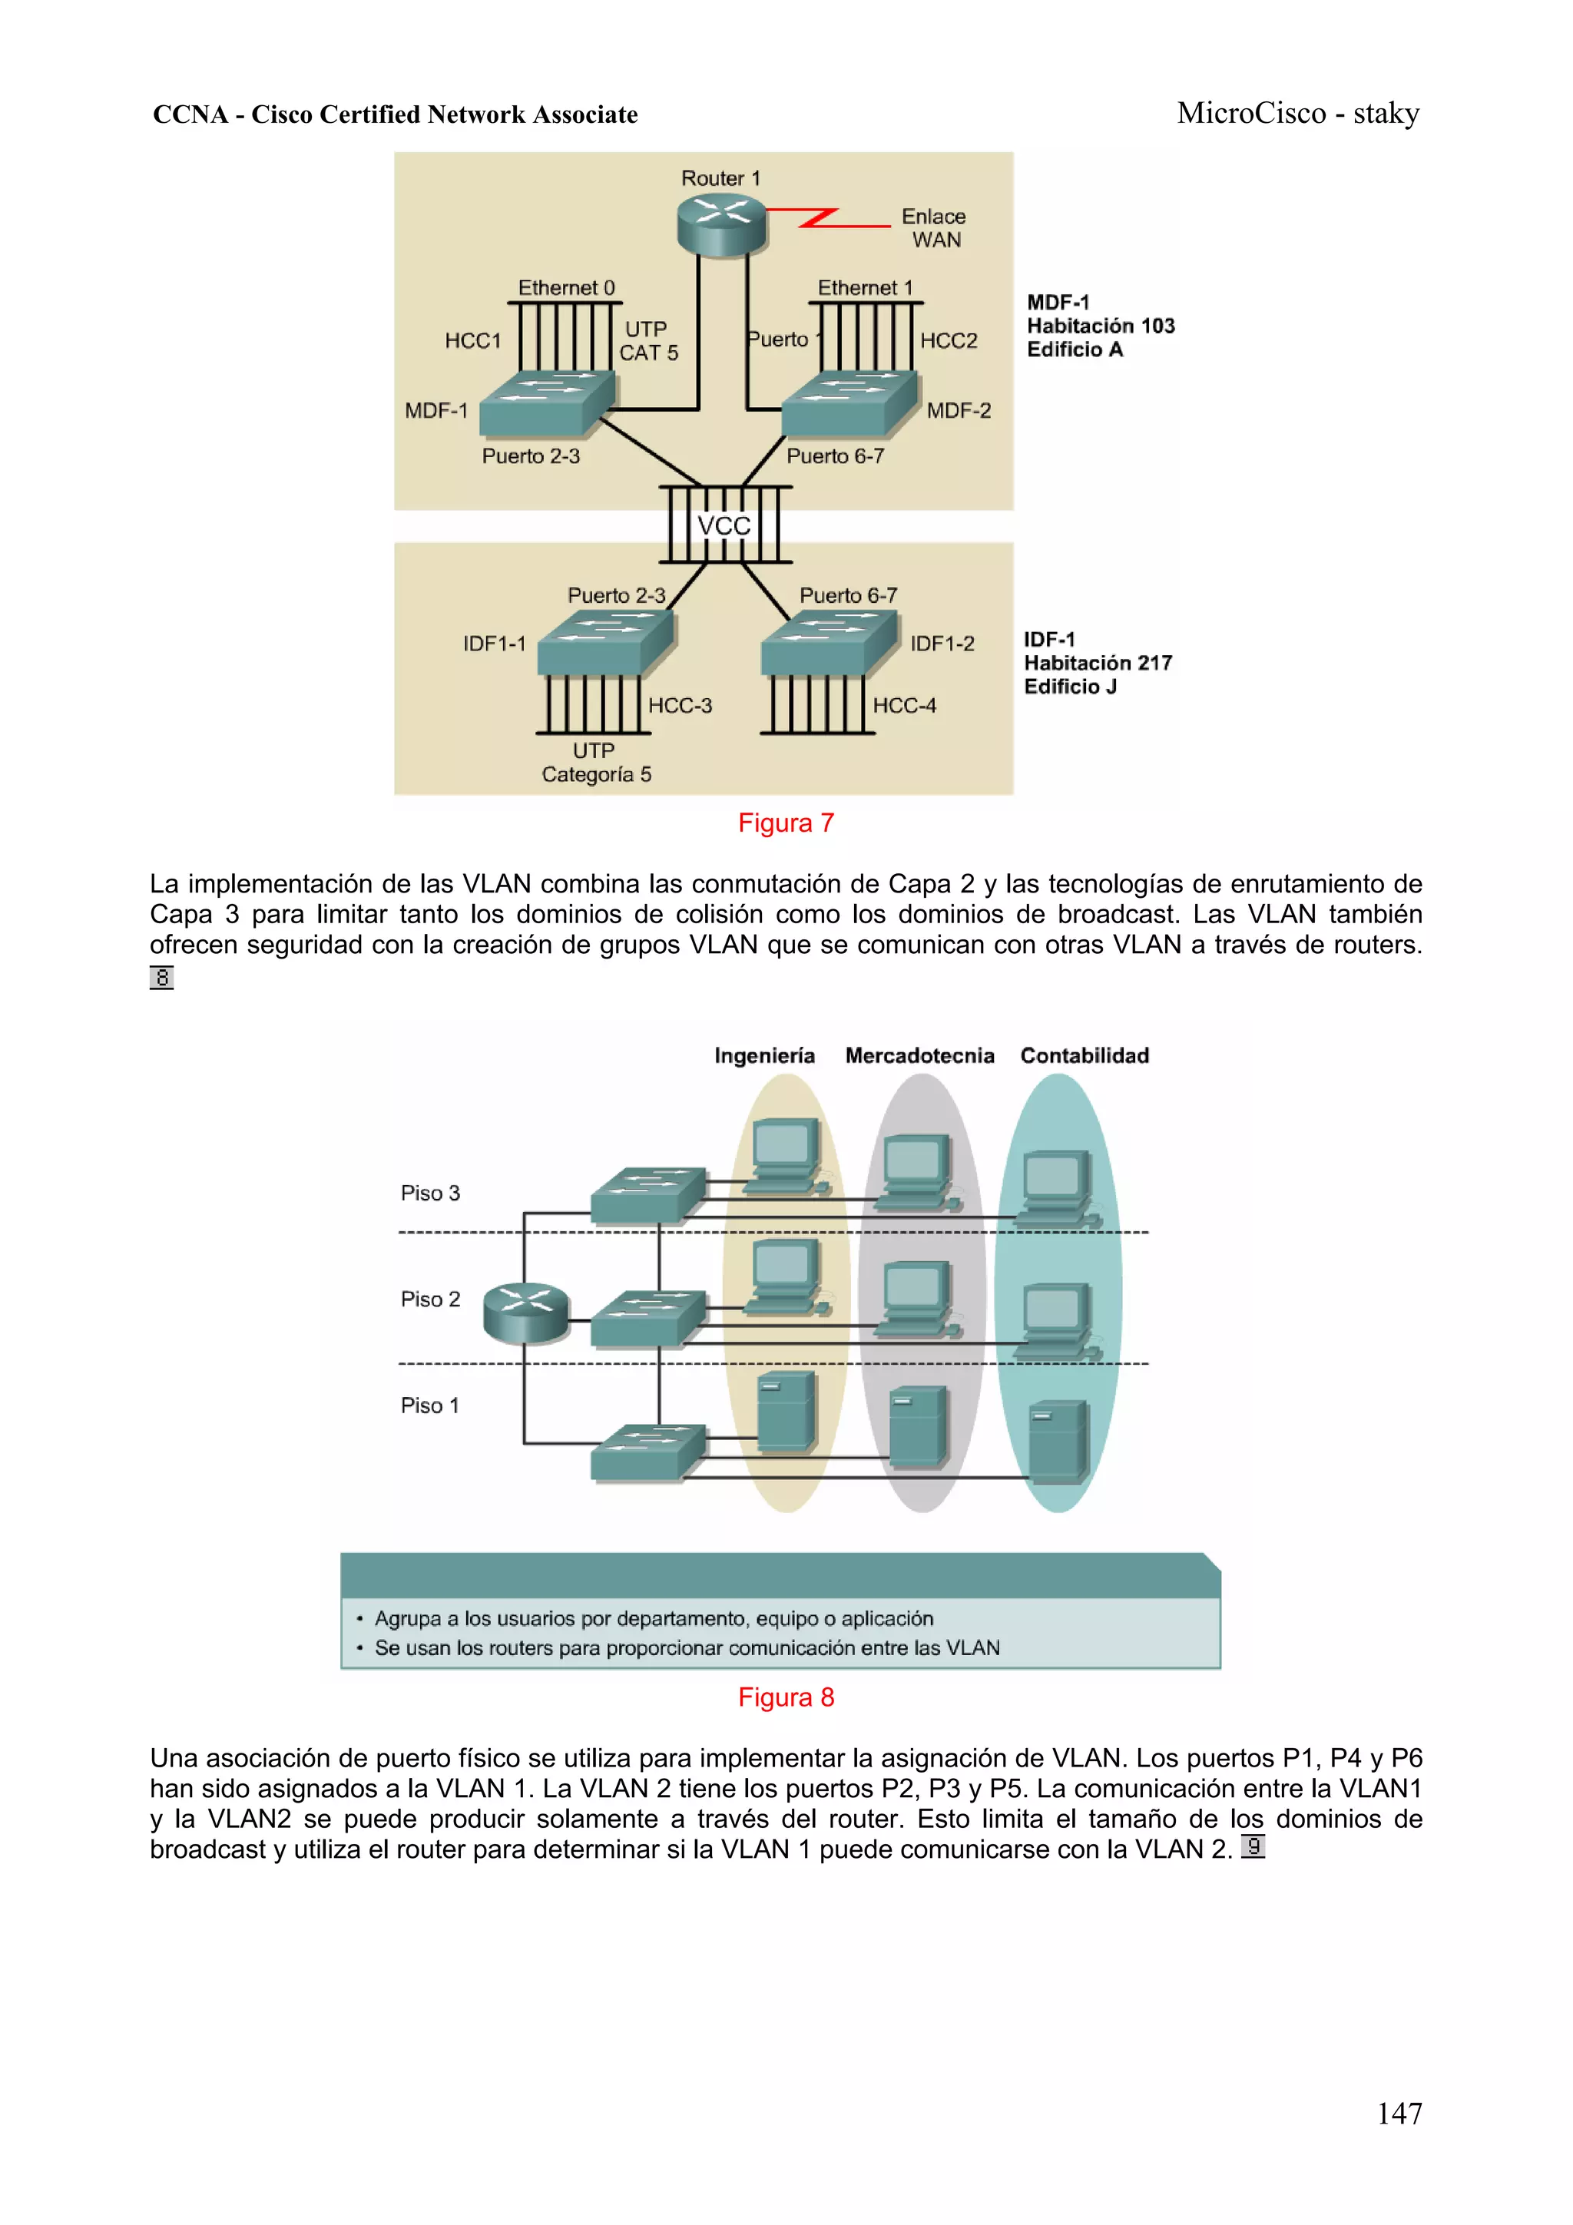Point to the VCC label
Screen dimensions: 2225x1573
(724, 526)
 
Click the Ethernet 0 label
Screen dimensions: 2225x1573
(566, 288)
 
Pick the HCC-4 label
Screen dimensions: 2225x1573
(904, 706)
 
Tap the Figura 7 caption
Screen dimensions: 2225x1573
(785, 823)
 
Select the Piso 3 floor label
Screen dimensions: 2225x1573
(430, 1193)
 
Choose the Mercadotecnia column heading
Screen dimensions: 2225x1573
(919, 1055)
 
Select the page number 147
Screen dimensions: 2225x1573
(1399, 2113)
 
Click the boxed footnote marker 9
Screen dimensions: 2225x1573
(1252, 1847)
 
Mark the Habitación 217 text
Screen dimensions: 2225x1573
(1097, 663)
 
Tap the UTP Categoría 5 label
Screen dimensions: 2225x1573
(595, 763)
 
